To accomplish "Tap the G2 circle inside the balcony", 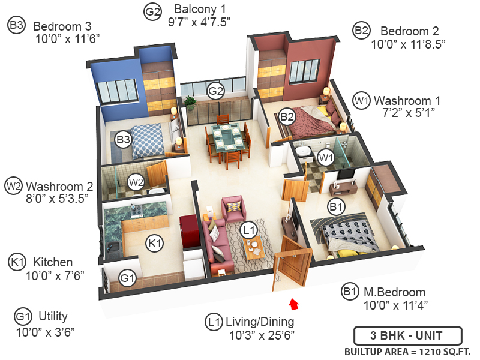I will click(x=215, y=91).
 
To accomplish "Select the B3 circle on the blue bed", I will click(x=124, y=140).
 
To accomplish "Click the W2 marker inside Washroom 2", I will click(x=137, y=181).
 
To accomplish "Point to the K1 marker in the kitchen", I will click(x=155, y=243).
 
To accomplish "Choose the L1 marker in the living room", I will click(x=248, y=229).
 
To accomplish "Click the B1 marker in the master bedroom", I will click(x=335, y=206).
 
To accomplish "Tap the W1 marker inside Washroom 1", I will click(x=325, y=158).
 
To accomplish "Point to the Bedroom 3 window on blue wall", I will click(x=110, y=91).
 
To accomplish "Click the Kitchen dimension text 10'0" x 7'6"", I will click(x=53, y=275).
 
